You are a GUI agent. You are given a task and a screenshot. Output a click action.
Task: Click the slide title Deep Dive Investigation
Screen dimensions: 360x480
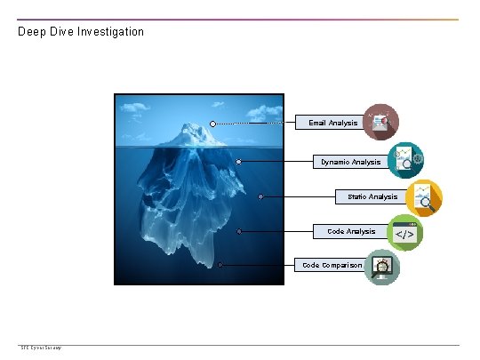[81, 32]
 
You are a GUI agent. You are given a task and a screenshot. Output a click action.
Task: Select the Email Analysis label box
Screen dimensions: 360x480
[333, 123]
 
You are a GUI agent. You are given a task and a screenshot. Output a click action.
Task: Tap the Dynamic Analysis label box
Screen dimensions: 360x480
[351, 162]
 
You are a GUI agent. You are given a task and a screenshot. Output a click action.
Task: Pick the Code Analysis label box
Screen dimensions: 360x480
[351, 231]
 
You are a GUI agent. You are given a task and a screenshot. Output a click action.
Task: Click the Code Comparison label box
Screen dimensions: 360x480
[332, 265]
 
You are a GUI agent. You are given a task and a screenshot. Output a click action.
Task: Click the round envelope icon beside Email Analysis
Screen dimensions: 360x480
[381, 122]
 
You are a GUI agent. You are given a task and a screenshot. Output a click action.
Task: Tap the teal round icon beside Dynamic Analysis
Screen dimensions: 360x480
[405, 160]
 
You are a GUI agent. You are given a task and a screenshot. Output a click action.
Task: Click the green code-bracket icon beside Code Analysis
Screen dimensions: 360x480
[404, 233]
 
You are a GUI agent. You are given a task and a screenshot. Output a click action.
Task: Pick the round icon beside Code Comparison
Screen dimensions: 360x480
[382, 266]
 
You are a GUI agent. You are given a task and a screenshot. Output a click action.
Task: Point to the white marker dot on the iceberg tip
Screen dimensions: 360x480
[213, 124]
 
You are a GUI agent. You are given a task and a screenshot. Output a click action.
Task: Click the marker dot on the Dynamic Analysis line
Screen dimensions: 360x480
[239, 162]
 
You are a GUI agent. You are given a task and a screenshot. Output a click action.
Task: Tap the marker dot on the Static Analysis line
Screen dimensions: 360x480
[260, 196]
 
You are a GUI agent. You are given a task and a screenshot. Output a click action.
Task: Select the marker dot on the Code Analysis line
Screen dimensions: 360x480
[239, 231]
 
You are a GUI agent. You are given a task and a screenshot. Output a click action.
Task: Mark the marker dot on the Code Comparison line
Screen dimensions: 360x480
[220, 265]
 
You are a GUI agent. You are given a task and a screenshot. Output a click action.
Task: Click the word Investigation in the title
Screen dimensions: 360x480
[110, 32]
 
